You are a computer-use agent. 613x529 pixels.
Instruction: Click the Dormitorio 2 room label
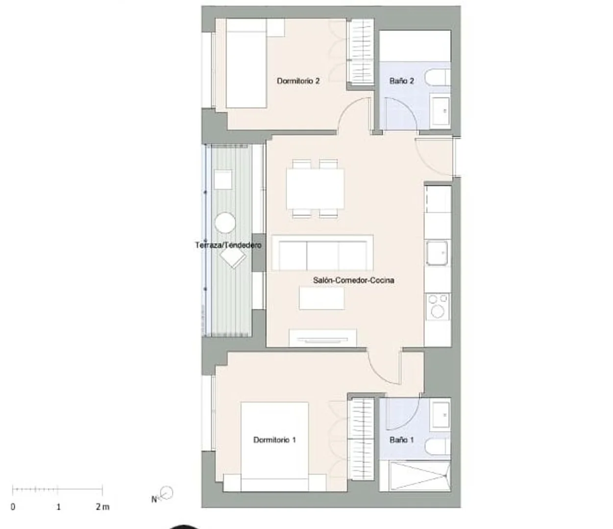[298, 81]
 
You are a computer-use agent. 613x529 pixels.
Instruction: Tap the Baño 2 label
[401, 81]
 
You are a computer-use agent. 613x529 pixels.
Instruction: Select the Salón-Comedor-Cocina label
[353, 280]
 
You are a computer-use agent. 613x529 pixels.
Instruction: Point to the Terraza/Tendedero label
[228, 245]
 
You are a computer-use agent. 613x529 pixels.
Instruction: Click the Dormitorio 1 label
[274, 440]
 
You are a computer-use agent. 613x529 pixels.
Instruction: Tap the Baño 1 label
[401, 440]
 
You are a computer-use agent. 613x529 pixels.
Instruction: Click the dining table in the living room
[315, 189]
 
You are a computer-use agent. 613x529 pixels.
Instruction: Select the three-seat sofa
[322, 253]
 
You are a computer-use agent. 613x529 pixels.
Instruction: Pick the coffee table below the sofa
[322, 298]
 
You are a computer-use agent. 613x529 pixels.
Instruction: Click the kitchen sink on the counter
[437, 253]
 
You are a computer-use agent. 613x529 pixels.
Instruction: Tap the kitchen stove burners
[438, 306]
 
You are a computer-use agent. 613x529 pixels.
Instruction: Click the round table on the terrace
[225, 223]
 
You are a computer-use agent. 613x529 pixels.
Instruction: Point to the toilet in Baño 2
[438, 77]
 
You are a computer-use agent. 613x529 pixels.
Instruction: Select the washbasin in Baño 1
[441, 415]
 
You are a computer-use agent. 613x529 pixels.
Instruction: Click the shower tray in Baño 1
[415, 476]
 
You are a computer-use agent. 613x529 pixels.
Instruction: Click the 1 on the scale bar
[58, 507]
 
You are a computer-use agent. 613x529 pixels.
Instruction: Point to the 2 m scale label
[102, 507]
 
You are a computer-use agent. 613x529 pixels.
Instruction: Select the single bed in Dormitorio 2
[246, 63]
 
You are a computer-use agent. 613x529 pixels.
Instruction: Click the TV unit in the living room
[322, 338]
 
